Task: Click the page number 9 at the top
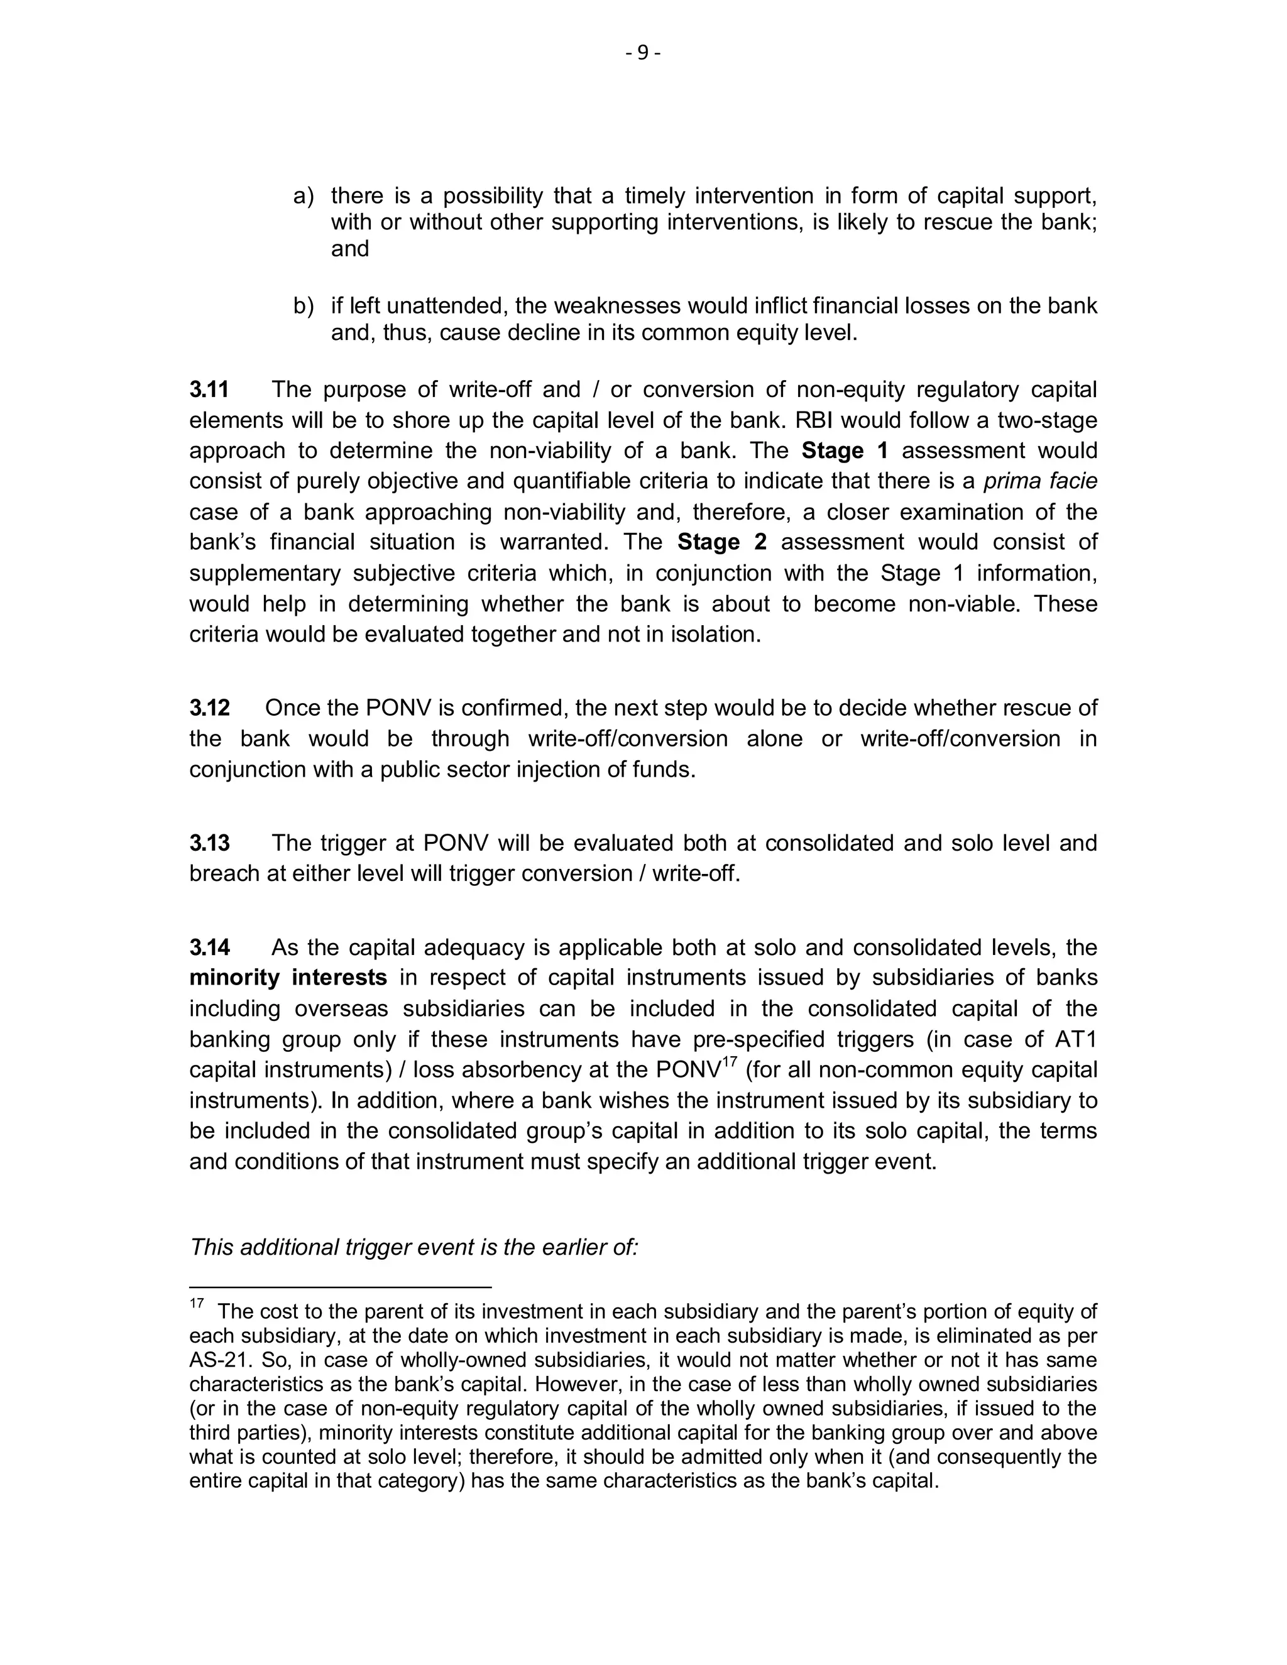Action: click(x=643, y=52)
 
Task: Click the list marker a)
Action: click(x=304, y=196)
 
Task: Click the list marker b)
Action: click(x=304, y=306)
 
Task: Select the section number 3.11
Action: click(x=209, y=390)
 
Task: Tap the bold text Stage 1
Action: click(x=844, y=450)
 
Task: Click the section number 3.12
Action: click(x=209, y=708)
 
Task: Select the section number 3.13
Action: click(x=209, y=843)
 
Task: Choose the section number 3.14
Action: click(x=209, y=947)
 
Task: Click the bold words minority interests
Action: click(x=288, y=978)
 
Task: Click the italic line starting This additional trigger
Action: click(x=413, y=1247)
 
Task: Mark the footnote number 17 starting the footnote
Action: click(x=197, y=1304)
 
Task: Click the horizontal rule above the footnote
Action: click(x=340, y=1287)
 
